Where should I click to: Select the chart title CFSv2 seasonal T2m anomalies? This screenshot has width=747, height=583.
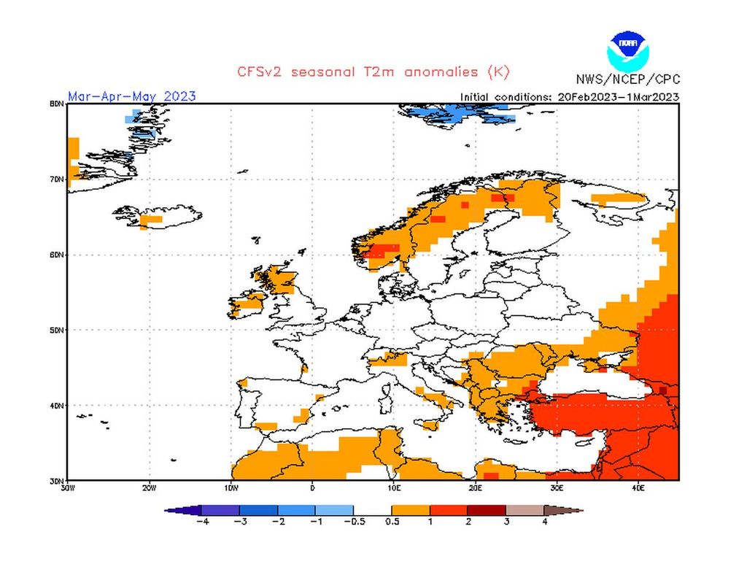[373, 72]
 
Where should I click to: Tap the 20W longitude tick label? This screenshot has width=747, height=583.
[149, 487]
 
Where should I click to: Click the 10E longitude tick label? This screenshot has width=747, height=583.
[394, 487]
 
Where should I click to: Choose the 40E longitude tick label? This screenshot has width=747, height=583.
[638, 487]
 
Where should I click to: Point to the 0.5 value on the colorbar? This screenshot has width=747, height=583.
[392, 522]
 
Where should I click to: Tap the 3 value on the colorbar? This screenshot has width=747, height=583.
[506, 522]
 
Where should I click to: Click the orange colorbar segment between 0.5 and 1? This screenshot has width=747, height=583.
[411, 511]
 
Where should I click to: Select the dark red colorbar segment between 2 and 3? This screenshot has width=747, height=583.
[487, 511]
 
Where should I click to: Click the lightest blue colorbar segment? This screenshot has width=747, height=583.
[335, 511]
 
